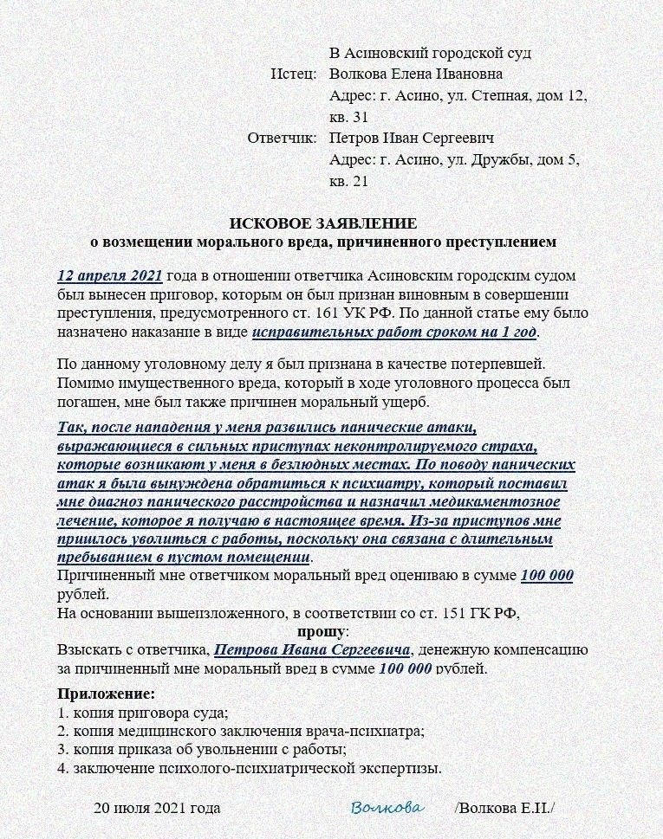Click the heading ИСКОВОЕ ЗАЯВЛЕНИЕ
click(323, 223)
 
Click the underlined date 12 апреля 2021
click(110, 276)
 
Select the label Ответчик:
click(282, 138)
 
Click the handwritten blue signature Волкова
click(387, 808)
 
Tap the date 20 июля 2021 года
click(157, 808)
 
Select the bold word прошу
click(322, 631)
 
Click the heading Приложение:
click(107, 694)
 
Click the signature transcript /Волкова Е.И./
click(504, 808)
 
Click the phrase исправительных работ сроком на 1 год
click(395, 332)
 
